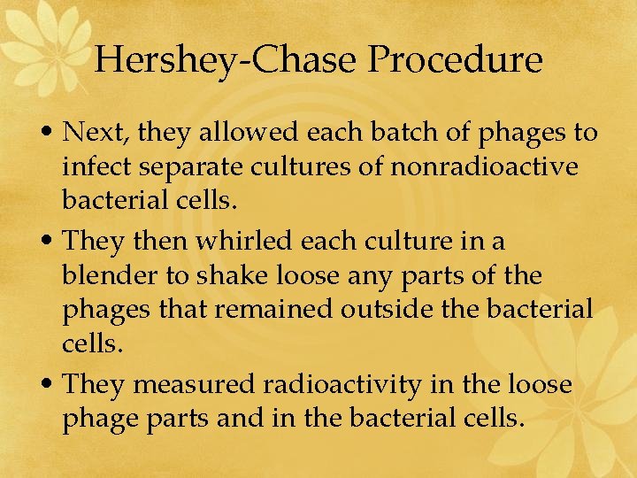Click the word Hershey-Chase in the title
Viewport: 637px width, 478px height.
[x=225, y=60]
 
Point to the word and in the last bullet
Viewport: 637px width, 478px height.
[x=239, y=417]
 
